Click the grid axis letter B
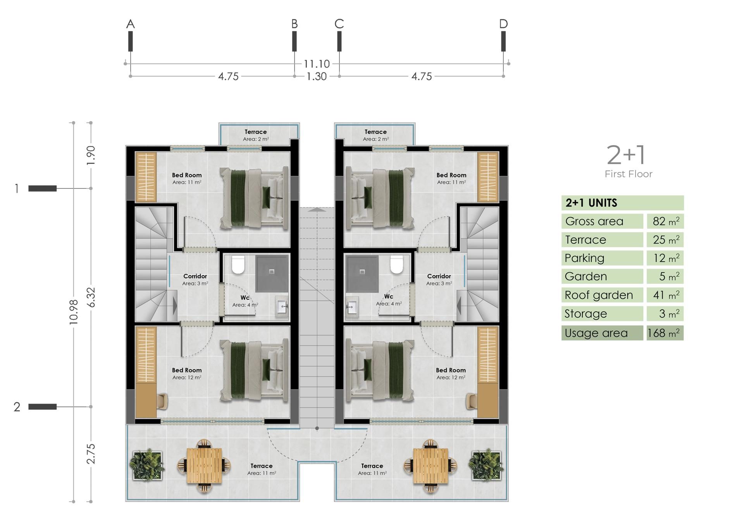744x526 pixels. [294, 24]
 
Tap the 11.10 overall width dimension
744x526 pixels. [317, 64]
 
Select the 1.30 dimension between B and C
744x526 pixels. [317, 76]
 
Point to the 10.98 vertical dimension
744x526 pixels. [74, 312]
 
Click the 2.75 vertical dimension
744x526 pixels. [91, 454]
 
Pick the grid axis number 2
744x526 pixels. [17, 407]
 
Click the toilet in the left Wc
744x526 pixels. [238, 264]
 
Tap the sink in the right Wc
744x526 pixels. [352, 307]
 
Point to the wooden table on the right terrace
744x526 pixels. [430, 466]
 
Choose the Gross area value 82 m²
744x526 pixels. [666, 221]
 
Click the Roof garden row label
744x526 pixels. [599, 295]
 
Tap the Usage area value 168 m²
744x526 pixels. [663, 333]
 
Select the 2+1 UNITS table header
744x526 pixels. [591, 203]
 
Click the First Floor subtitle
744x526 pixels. [629, 174]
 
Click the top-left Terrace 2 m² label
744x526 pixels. [256, 135]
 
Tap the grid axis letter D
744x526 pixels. [503, 24]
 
